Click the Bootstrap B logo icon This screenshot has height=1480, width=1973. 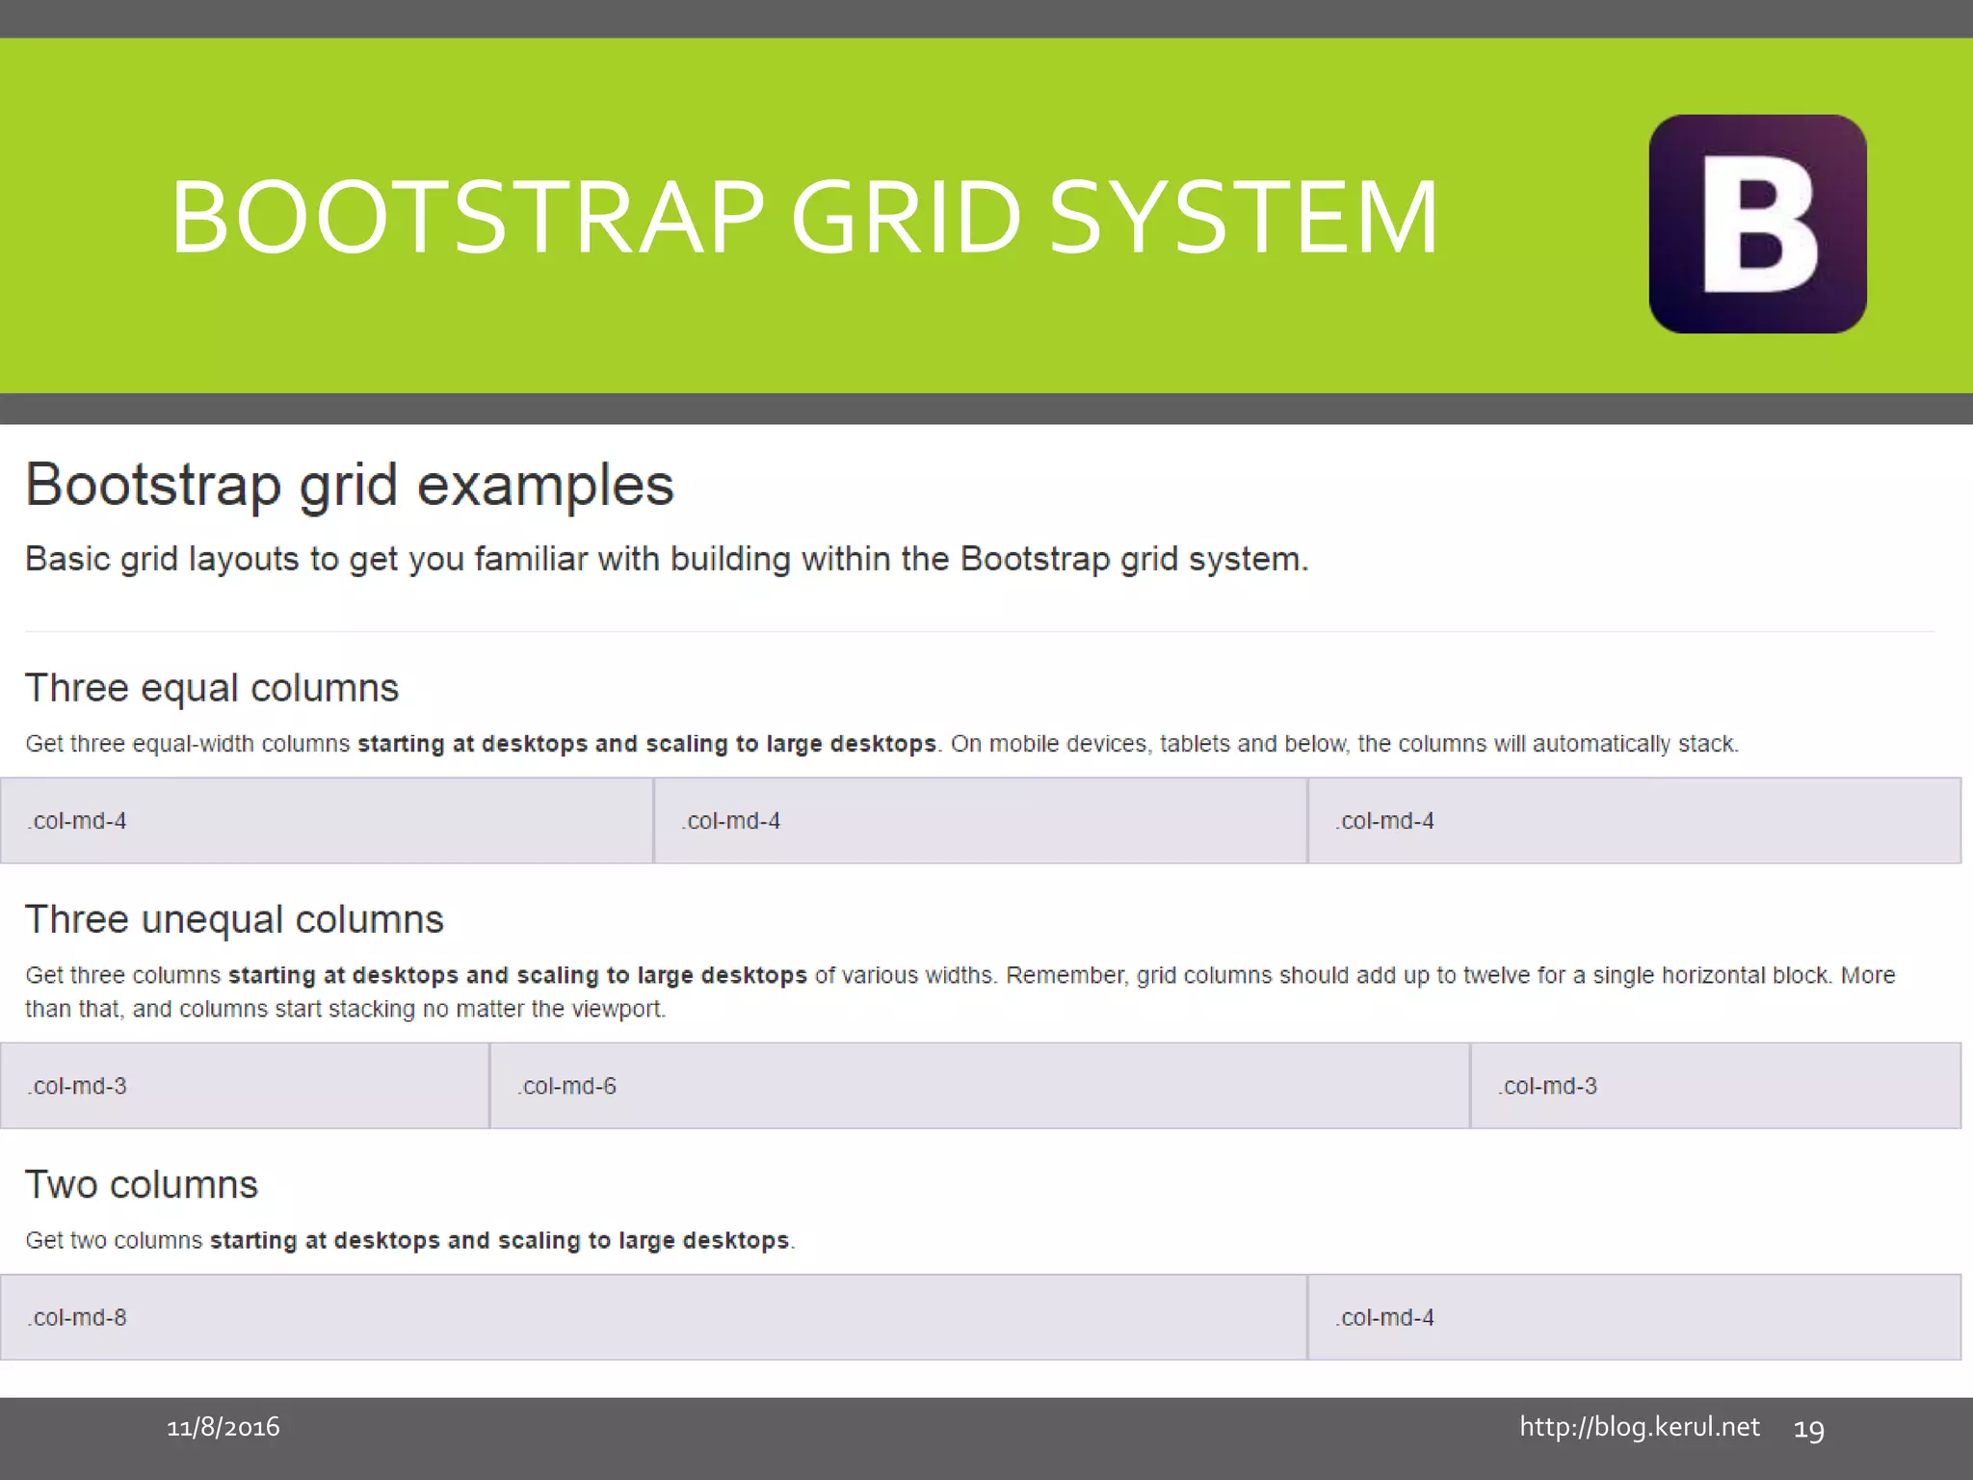pyautogui.click(x=1757, y=224)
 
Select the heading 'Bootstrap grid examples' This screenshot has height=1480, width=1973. pyautogui.click(x=349, y=485)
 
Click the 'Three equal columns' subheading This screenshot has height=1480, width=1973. pyautogui.click(x=211, y=688)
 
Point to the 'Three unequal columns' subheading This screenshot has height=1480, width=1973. pyautogui.click(x=234, y=919)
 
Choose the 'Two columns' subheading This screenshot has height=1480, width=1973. pyautogui.click(x=142, y=1184)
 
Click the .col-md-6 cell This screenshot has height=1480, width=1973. pyautogui.click(x=979, y=1086)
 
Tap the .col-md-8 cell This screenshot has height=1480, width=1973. pyautogui.click(x=652, y=1317)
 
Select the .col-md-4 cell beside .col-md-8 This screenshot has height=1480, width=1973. pyautogui.click(x=1633, y=1317)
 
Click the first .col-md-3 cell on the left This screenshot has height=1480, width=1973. pyautogui.click(x=244, y=1086)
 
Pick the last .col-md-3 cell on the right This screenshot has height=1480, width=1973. pyautogui.click(x=1715, y=1086)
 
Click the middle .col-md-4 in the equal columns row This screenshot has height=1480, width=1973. pyautogui.click(x=979, y=821)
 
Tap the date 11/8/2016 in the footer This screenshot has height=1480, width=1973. pyautogui.click(x=224, y=1427)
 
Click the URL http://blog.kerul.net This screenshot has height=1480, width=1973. pyautogui.click(x=1639, y=1427)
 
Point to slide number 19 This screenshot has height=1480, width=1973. pyautogui.click(x=1808, y=1429)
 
